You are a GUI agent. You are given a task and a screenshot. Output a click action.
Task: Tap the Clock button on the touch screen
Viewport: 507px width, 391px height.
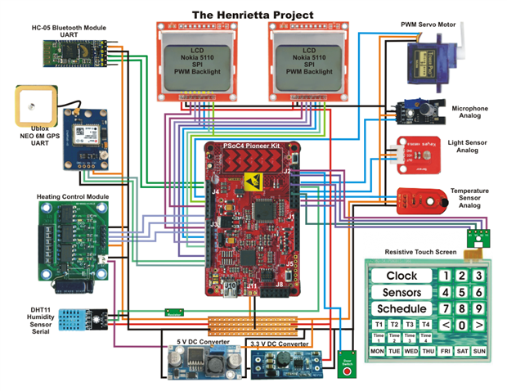(402, 276)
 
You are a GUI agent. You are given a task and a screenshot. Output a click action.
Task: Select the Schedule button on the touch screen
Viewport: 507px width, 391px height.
(402, 309)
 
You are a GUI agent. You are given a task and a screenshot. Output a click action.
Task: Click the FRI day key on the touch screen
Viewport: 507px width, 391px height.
(445, 352)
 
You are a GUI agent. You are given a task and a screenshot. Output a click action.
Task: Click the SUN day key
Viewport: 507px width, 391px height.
(479, 352)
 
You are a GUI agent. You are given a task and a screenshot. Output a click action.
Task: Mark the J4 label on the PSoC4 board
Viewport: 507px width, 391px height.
(215, 191)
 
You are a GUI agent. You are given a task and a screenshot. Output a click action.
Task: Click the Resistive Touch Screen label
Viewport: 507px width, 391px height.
(420, 251)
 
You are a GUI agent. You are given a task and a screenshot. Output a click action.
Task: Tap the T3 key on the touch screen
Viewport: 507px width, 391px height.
(410, 325)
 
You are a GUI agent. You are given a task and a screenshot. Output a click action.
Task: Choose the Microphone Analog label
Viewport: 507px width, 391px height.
(470, 112)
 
